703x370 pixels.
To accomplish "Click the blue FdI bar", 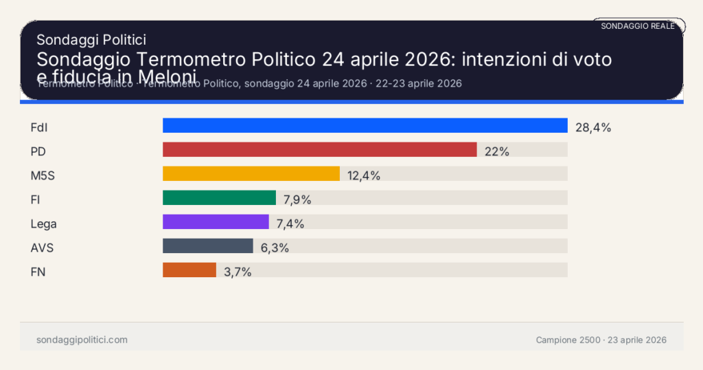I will [x=365, y=125].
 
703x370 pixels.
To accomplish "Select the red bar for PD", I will [x=319, y=150].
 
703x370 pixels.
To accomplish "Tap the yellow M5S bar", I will [x=251, y=174].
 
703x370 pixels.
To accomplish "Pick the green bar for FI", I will [x=219, y=198].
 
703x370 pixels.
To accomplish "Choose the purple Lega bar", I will [x=216, y=222].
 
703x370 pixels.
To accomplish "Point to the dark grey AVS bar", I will [x=208, y=246].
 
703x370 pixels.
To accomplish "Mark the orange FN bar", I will [x=189, y=270].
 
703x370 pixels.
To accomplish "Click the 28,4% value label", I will [x=593, y=127].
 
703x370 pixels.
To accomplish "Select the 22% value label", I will [x=496, y=151].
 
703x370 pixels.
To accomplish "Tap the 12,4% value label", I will [x=364, y=175].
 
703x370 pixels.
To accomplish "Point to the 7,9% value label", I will [x=297, y=199].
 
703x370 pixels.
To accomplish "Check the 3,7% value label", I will [x=238, y=272].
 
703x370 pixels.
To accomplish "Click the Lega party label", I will [x=44, y=224].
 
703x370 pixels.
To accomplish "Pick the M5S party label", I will [x=43, y=175].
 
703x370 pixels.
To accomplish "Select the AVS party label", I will [x=42, y=248].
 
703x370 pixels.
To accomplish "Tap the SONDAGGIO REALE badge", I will [x=638, y=26].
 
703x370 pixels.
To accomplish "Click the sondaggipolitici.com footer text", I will [x=82, y=340].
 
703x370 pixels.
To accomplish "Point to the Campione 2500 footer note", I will [x=601, y=340].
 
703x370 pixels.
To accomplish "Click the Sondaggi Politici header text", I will [x=91, y=40].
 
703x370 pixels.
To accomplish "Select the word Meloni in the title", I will [x=168, y=75].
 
